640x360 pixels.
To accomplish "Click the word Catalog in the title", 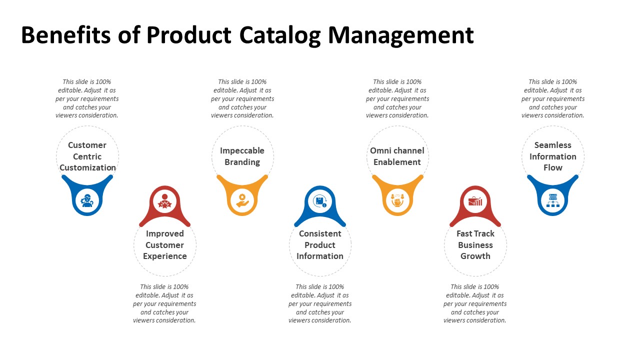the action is (x=280, y=35).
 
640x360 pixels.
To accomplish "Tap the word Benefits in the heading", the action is (x=65, y=35).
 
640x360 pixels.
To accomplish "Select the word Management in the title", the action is (x=401, y=35).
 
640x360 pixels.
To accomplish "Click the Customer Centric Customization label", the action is (x=87, y=156).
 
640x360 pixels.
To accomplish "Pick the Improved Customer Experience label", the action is (x=165, y=245).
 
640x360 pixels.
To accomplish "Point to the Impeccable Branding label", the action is (x=242, y=156).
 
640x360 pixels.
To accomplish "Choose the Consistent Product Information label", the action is (x=320, y=245).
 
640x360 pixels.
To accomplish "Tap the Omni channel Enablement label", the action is (x=397, y=156).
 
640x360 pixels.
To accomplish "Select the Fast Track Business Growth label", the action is (x=475, y=245).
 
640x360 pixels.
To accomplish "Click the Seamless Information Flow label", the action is (x=553, y=156).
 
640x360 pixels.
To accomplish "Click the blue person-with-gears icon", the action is (x=87, y=200).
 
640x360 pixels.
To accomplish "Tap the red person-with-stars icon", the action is (x=165, y=201).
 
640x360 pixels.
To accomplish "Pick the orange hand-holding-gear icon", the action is (x=242, y=200).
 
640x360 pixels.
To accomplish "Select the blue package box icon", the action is (x=320, y=201).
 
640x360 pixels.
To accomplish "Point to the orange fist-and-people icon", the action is (x=397, y=200).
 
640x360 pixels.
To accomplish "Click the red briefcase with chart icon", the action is (x=475, y=201).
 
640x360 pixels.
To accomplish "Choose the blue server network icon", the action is (x=553, y=200).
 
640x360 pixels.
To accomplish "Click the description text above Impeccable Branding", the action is (x=242, y=98).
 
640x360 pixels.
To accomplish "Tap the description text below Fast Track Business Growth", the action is (x=475, y=303).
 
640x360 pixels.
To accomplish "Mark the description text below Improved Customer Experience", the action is (x=164, y=303).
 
